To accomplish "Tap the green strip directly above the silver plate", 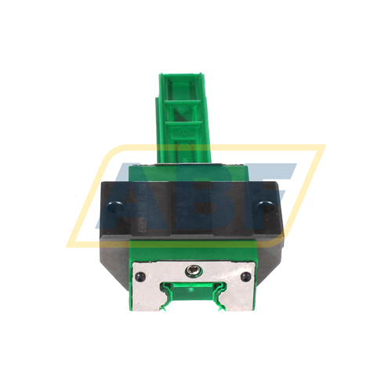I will [x=194, y=249].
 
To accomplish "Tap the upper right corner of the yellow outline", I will [x=322, y=147].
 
